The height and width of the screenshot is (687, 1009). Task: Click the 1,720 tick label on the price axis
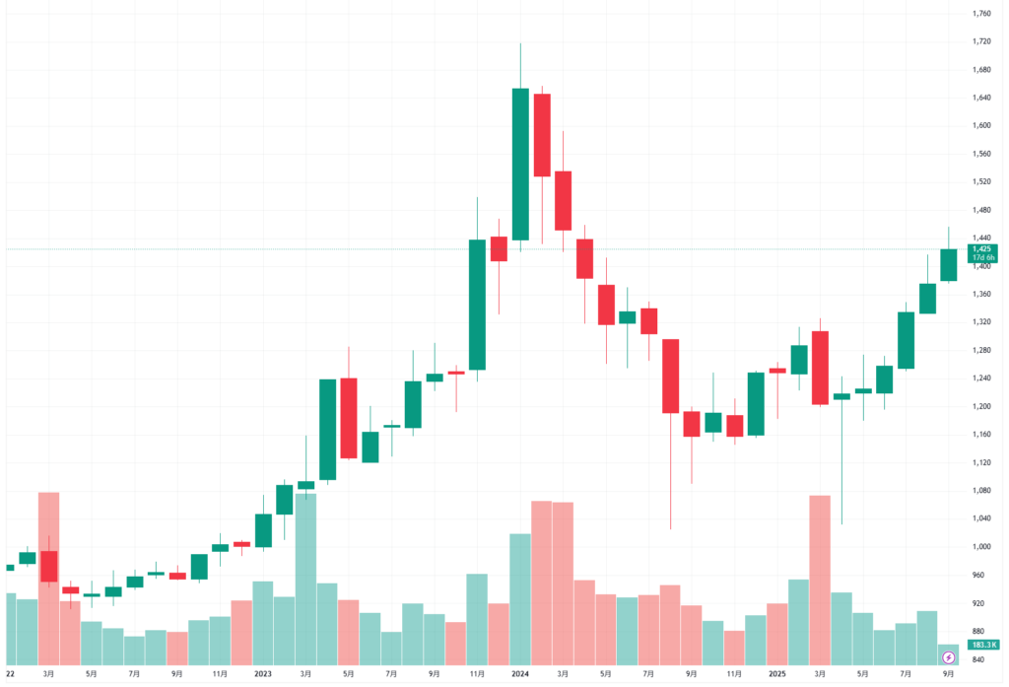981,41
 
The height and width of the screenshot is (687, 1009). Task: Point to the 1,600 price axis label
981,125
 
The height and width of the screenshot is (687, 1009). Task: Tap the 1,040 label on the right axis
981,518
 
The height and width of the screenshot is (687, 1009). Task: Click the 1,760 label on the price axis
981,14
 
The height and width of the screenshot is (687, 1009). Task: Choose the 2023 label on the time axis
263,674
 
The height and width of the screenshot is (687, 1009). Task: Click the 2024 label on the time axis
520,674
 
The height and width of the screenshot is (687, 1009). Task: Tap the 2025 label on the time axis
777,674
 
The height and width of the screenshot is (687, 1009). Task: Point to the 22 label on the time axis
10,674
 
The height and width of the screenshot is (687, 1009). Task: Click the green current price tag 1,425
983,249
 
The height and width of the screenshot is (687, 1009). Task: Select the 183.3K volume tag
981,645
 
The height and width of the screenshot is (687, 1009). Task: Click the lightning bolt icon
948,656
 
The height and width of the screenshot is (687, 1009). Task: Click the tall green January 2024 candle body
520,164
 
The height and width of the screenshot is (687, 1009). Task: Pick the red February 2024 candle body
542,135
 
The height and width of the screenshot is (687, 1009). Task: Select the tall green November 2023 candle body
477,304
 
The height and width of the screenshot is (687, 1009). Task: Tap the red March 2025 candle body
820,368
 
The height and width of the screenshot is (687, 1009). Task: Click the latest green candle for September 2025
949,264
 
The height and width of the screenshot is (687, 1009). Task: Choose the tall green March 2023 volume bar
306,578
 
